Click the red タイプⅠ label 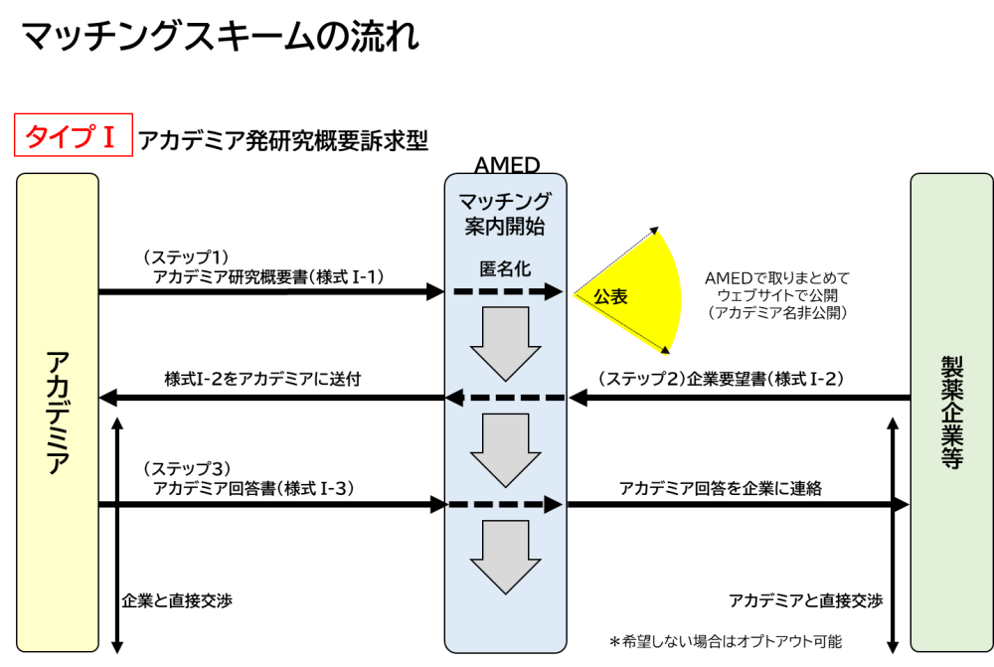click(x=73, y=135)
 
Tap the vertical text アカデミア click(x=58, y=413)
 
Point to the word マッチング click(x=505, y=202)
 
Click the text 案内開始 click(x=505, y=226)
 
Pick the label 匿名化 click(x=505, y=268)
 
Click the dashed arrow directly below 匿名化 click(x=508, y=292)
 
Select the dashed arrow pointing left click(x=505, y=398)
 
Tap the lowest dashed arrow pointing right click(x=505, y=505)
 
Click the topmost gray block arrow click(x=505, y=342)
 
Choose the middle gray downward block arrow click(x=505, y=448)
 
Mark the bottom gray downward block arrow click(x=505, y=556)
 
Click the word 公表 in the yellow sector click(x=611, y=296)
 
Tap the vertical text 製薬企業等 click(x=952, y=413)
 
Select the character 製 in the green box click(x=952, y=367)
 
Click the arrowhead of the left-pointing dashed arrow click(x=454, y=398)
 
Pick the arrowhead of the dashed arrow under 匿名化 click(x=554, y=292)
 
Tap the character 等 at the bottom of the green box click(x=952, y=458)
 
